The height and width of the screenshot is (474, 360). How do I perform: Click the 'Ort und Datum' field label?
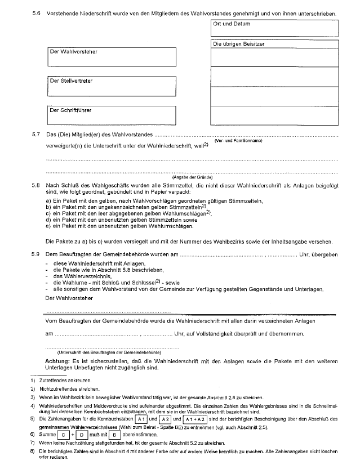click(232, 24)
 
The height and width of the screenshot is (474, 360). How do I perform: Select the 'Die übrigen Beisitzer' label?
click(239, 43)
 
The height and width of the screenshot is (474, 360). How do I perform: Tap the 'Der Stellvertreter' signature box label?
click(71, 81)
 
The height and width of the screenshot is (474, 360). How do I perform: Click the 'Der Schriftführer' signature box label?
click(70, 110)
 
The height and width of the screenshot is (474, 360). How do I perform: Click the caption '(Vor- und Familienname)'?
click(238, 141)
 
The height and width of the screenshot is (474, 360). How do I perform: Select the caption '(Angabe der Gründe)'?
click(192, 177)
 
